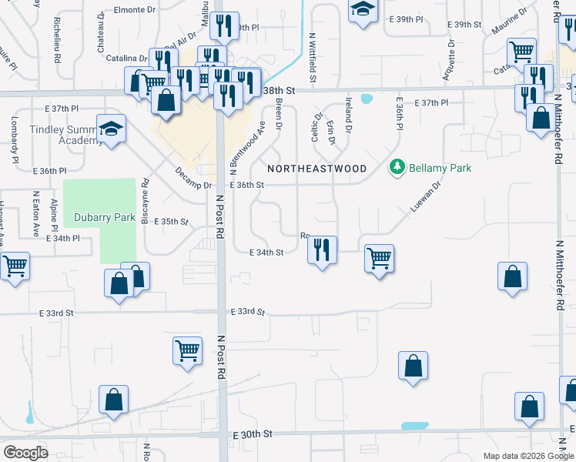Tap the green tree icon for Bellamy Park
pos(397,167)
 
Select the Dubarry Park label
pos(105,217)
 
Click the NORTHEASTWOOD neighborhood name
pos(316,168)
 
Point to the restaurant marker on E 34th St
pos(322,249)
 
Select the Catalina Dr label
pos(126,58)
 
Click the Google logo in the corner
pos(25,452)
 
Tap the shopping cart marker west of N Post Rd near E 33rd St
pos(187,350)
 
